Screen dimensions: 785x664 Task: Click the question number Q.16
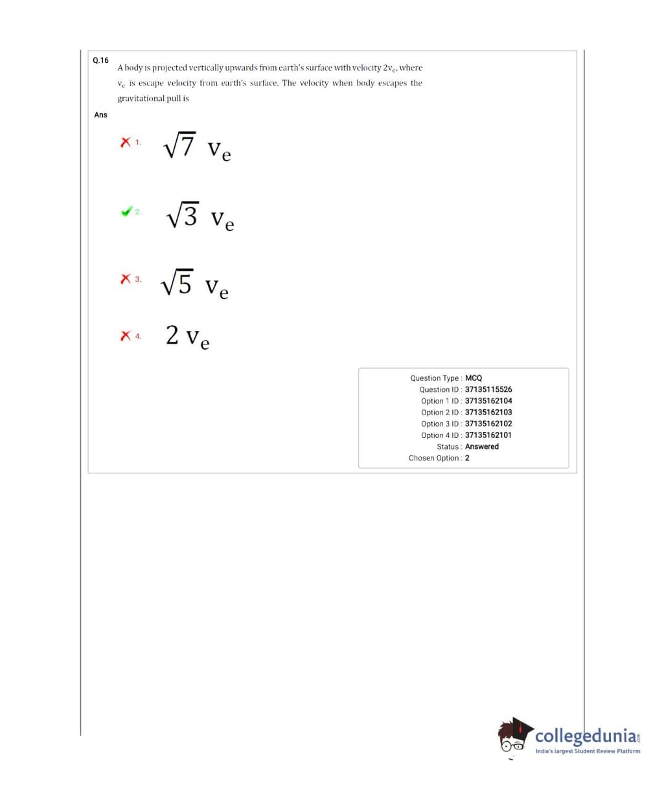click(x=100, y=60)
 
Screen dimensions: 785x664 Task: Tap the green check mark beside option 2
click(x=126, y=212)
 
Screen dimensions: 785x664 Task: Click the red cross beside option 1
click(x=126, y=142)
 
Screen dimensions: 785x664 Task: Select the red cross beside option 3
click(x=126, y=279)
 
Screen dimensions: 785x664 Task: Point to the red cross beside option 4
click(x=126, y=336)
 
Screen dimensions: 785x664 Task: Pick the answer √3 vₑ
click(x=200, y=216)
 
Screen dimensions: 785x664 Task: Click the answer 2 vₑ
click(x=187, y=337)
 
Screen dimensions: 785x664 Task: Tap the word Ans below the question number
click(x=100, y=115)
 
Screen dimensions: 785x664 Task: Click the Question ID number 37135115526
click(x=488, y=389)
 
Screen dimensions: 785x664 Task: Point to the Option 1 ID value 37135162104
click(x=488, y=401)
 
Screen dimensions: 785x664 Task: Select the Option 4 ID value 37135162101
click(x=488, y=435)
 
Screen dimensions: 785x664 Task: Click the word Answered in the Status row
click(x=482, y=446)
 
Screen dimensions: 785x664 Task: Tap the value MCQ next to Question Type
click(x=474, y=378)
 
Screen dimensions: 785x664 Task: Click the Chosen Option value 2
click(x=467, y=458)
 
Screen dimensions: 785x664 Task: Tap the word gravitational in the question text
click(x=139, y=98)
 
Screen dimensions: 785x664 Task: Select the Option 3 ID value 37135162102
click(x=488, y=424)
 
